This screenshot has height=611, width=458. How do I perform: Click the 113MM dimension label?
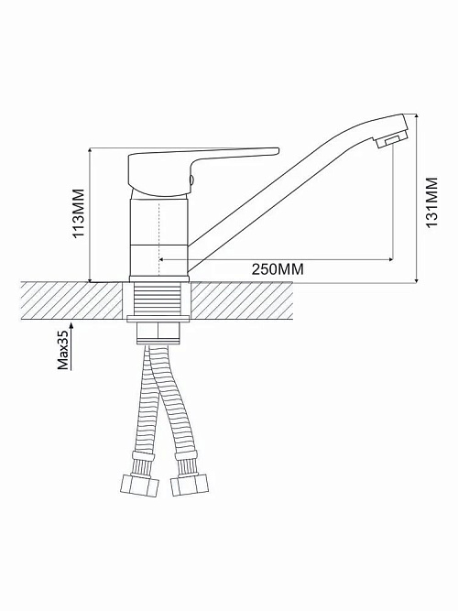click(x=79, y=213)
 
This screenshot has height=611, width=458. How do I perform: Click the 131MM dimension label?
click(x=431, y=202)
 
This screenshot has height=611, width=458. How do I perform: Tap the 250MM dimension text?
click(x=278, y=269)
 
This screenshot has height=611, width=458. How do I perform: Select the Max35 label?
click(x=63, y=348)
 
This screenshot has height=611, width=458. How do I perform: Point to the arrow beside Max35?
click(x=71, y=345)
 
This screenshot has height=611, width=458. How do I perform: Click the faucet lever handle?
click(x=199, y=169)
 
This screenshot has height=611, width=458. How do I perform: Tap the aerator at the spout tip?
click(x=392, y=140)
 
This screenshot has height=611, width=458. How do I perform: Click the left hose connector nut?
click(x=140, y=486)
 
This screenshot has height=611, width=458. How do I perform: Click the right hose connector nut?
click(x=190, y=486)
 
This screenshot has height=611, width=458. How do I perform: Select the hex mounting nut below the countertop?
click(x=158, y=333)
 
